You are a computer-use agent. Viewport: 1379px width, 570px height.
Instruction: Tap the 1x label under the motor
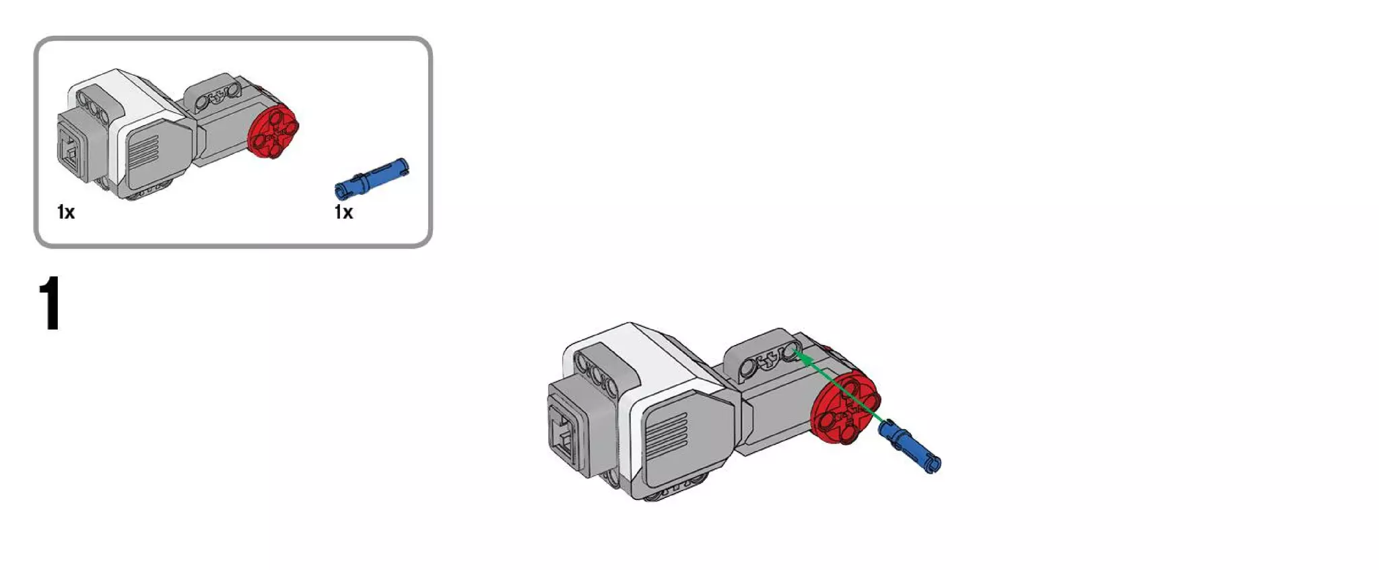[x=66, y=212]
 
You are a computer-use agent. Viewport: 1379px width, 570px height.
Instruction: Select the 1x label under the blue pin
[x=343, y=212]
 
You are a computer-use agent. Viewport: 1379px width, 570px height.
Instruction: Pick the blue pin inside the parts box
[x=371, y=178]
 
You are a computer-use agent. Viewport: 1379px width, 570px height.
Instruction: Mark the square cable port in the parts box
[x=70, y=150]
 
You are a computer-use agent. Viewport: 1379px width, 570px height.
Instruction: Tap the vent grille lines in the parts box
[x=143, y=153]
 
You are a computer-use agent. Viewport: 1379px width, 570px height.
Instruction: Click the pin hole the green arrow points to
[x=788, y=352]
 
